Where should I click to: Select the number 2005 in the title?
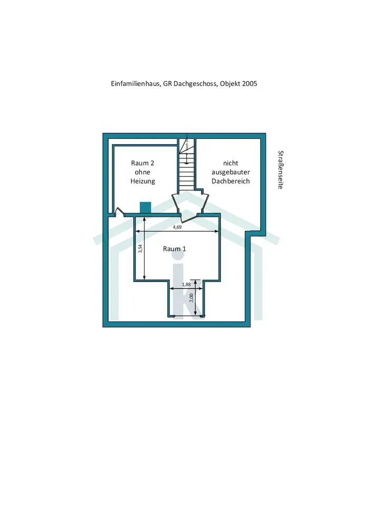[250, 84]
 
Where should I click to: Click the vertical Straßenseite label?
[281, 171]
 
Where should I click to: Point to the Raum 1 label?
[174, 248]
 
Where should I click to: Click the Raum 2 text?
[142, 163]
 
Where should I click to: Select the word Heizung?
[142, 181]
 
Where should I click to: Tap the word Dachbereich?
[231, 181]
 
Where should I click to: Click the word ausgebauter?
[231, 172]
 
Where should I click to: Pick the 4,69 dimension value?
[178, 228]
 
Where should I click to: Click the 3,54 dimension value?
[140, 249]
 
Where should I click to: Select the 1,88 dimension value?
[186, 285]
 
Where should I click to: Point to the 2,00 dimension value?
[192, 298]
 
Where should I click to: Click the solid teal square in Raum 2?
[145, 207]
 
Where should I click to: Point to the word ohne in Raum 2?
[142, 172]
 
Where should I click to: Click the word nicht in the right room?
[231, 163]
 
